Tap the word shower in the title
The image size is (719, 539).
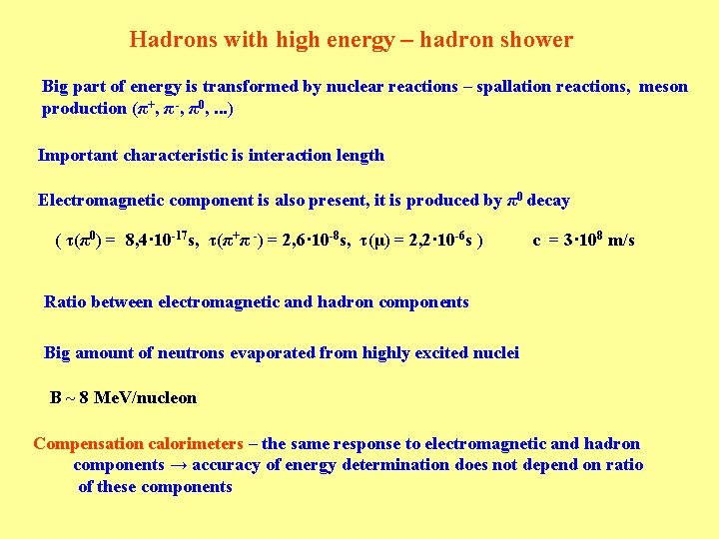coord(539,41)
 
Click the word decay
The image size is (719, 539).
coord(548,201)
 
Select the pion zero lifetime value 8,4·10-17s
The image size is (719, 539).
coord(161,240)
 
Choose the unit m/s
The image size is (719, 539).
coord(621,241)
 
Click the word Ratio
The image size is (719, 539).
coord(66,301)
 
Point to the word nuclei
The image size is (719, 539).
coord(493,352)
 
